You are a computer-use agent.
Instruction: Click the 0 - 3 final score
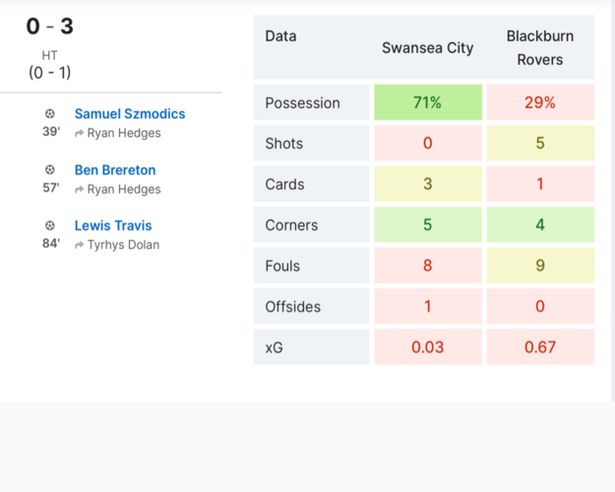coord(49,27)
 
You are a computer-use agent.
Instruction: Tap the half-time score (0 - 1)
coord(49,72)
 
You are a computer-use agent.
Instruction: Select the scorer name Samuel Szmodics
coord(130,114)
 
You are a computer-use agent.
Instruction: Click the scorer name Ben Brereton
coord(115,170)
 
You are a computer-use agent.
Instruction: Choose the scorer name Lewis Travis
coord(113,225)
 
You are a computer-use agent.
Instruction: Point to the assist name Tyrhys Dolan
coord(123,245)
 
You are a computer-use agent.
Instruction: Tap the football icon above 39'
coord(50,114)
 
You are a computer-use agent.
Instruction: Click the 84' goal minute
coord(51,244)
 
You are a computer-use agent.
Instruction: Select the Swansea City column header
coord(428,48)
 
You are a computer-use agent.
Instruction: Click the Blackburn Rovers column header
coord(540,48)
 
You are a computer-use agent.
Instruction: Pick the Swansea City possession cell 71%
coord(428,103)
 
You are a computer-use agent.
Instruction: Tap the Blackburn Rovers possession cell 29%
coord(540,103)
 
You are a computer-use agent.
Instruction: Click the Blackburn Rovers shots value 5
coord(540,144)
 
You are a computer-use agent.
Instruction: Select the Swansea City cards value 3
coord(428,185)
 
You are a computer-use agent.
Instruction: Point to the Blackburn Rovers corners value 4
coord(540,225)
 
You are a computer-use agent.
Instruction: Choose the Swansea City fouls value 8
coord(428,266)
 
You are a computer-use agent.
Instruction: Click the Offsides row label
coord(293,307)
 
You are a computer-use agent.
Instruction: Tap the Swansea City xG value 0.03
coord(428,347)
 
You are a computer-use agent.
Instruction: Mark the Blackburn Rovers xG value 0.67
coord(540,347)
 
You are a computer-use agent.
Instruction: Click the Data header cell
coord(281,36)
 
